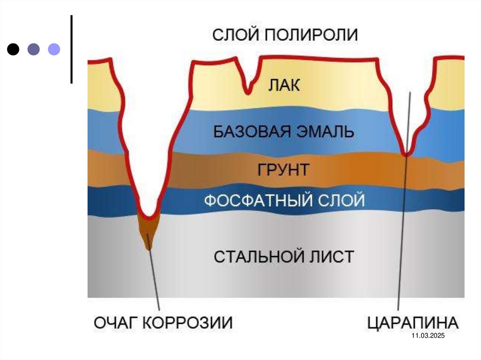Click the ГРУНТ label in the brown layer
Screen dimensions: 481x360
(283, 169)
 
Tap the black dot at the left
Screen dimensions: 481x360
(14, 49)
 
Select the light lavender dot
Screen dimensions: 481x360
(54, 49)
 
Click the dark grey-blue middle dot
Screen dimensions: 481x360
(33, 49)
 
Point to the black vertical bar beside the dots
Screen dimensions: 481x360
(71, 49)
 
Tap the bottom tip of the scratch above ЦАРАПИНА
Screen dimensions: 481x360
(407, 153)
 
